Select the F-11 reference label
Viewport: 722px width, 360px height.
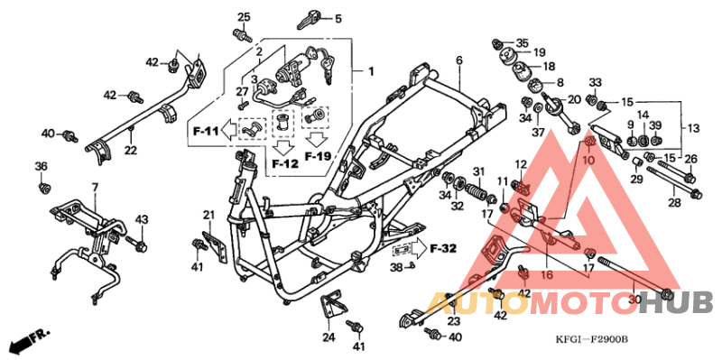pos(205,132)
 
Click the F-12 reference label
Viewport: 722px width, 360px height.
pos(284,163)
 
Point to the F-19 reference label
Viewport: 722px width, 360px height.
pos(318,156)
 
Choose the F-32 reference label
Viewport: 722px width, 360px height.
pos(443,247)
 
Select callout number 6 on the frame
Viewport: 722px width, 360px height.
pos(458,60)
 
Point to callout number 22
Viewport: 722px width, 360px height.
pos(131,150)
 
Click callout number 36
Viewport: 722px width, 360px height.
pos(41,166)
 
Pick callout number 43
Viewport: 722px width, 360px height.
pos(141,220)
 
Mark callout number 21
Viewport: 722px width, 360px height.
pos(208,214)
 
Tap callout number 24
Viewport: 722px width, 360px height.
pos(329,337)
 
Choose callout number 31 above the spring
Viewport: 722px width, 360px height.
pos(479,171)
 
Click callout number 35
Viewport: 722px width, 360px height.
pos(522,42)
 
